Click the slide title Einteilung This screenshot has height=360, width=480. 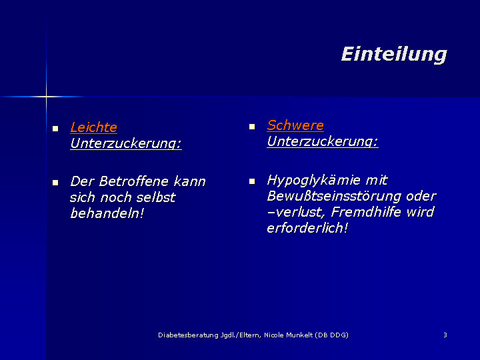coord(394,55)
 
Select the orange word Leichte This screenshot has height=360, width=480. coord(94,127)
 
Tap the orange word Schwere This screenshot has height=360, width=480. coord(295,125)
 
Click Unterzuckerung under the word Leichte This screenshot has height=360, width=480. coord(126,143)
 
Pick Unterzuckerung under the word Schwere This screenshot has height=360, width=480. coord(323,141)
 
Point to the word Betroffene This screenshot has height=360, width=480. coord(134,181)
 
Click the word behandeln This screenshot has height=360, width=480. coord(107,213)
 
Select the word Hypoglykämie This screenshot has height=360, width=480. coord(313,181)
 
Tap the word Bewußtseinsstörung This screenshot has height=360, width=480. coord(334,197)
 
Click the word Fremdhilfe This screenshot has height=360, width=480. coord(366,212)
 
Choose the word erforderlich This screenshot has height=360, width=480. coord(307,228)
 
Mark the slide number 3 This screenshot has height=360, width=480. coord(445,335)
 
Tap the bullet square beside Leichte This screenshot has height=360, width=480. coord(55,129)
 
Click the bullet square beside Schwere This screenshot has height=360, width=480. coord(252,127)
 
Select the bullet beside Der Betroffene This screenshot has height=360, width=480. coord(55,183)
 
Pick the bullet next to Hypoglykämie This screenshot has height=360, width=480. coord(252,181)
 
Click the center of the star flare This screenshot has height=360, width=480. coord(46,97)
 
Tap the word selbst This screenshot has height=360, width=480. coord(156,197)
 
